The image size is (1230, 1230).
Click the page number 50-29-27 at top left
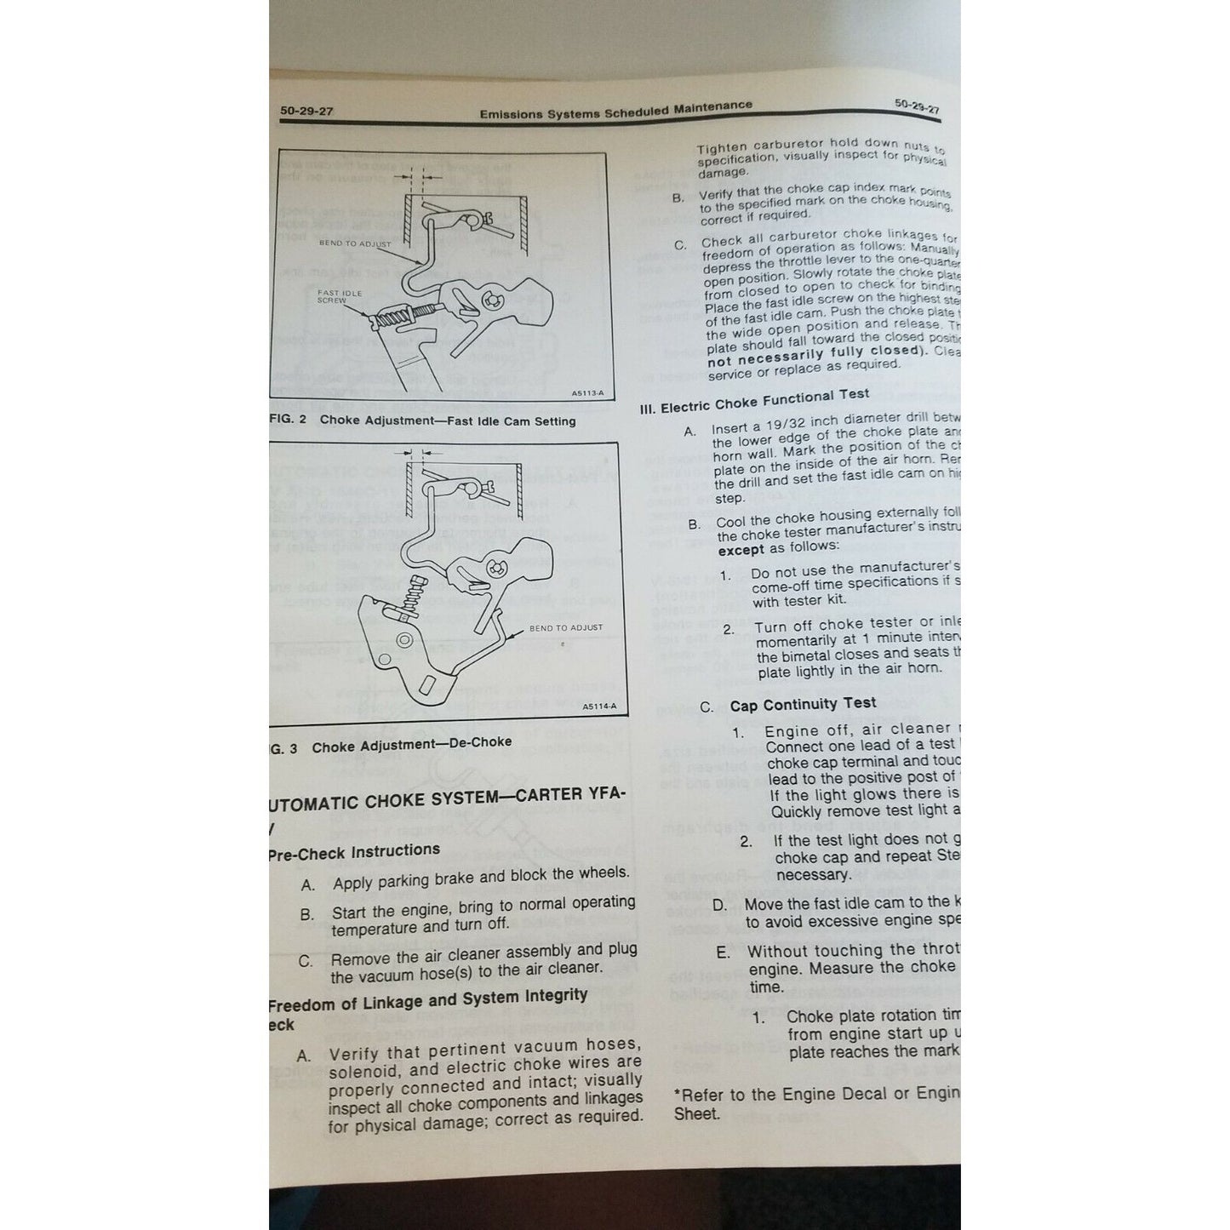(306, 112)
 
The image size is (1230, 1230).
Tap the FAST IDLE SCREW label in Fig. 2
(339, 296)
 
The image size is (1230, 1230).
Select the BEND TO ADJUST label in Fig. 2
(355, 243)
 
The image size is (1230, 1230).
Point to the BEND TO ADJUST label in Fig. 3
(565, 627)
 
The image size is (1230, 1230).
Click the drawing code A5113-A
(587, 393)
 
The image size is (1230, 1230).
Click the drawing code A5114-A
(599, 707)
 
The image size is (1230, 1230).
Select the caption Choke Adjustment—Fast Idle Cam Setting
(448, 421)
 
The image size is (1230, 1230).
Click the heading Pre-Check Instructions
(354, 852)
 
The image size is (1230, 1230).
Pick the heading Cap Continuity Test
(803, 704)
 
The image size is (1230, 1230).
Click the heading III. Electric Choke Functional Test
(754, 401)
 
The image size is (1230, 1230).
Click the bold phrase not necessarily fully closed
(815, 356)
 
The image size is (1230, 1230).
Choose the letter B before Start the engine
(307, 916)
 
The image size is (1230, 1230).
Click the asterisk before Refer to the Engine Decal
(678, 1096)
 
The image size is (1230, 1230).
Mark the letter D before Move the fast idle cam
(719, 905)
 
